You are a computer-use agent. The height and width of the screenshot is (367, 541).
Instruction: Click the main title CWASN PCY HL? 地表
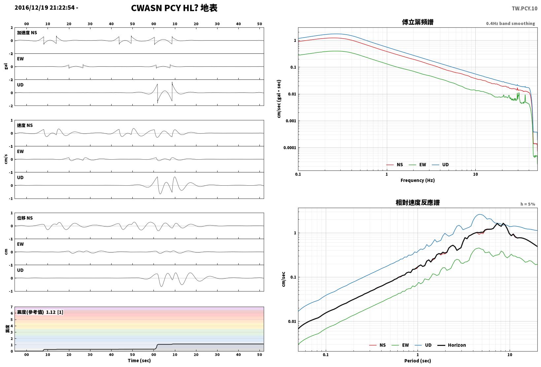click(174, 8)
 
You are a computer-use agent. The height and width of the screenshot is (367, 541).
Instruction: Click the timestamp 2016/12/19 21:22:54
click(45, 8)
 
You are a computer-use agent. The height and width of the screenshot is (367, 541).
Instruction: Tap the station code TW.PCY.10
click(524, 9)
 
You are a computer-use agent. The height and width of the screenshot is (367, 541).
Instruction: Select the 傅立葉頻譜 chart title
click(418, 22)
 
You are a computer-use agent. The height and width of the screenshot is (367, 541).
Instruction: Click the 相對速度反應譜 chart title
click(418, 202)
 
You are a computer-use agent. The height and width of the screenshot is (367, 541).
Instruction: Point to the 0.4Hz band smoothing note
click(510, 23)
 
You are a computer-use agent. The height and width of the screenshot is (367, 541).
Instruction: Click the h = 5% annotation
click(527, 204)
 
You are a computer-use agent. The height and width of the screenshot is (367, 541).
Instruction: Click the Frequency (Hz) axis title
click(418, 180)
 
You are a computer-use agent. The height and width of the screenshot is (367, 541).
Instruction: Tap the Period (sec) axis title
click(418, 361)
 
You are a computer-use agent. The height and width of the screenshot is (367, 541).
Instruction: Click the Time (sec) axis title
click(139, 360)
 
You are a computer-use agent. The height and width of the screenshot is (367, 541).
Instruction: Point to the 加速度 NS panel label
click(27, 33)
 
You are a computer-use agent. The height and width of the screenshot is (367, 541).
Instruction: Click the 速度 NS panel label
click(25, 125)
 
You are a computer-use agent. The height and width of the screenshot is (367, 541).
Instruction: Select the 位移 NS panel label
click(25, 218)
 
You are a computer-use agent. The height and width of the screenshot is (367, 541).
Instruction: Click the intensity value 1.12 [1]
click(54, 312)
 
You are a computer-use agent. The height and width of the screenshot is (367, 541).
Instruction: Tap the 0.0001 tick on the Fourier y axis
click(289, 148)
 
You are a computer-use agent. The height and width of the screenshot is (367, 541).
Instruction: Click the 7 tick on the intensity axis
click(12, 307)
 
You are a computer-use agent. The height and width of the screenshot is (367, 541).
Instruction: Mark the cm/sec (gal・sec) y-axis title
click(279, 99)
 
